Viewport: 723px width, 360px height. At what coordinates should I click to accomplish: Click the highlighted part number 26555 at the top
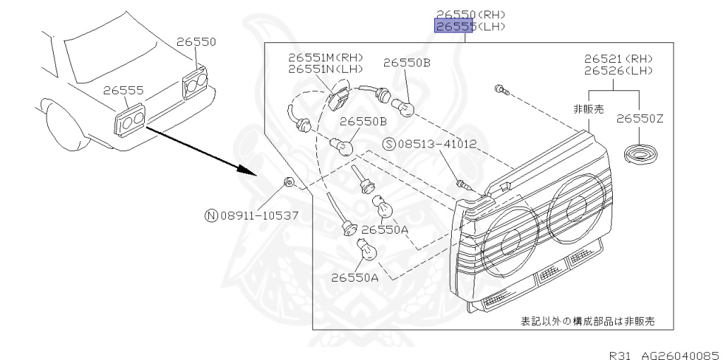click(x=454, y=27)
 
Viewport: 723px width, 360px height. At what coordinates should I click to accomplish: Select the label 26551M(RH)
click(x=325, y=57)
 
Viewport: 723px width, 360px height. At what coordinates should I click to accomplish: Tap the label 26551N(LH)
click(x=325, y=69)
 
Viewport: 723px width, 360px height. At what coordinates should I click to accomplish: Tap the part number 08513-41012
click(x=437, y=144)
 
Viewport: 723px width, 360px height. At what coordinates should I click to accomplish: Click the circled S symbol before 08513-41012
click(x=389, y=144)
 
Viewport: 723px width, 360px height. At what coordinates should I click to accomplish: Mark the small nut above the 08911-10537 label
click(x=288, y=183)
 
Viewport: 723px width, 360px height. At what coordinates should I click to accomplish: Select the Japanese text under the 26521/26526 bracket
click(x=588, y=110)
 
